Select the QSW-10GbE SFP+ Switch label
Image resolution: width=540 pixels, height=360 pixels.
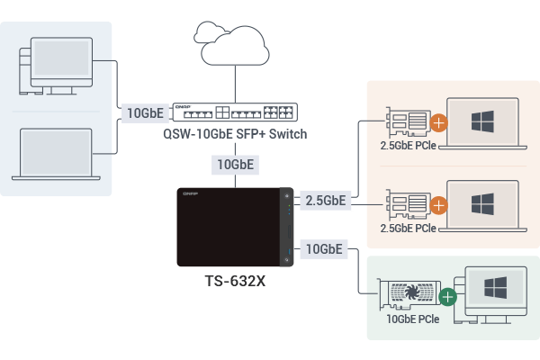tap(236, 134)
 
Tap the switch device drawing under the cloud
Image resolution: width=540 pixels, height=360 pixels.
tap(235, 112)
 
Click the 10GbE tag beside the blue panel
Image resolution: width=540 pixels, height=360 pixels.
tap(144, 113)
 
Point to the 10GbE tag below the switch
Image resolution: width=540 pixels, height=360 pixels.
tap(236, 166)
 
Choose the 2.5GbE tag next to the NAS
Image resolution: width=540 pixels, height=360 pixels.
tap(325, 200)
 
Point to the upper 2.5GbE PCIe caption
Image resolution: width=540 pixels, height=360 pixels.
tap(409, 144)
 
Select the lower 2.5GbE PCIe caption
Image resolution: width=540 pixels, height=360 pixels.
tap(409, 229)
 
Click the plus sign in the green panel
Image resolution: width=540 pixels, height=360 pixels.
tap(446, 295)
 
